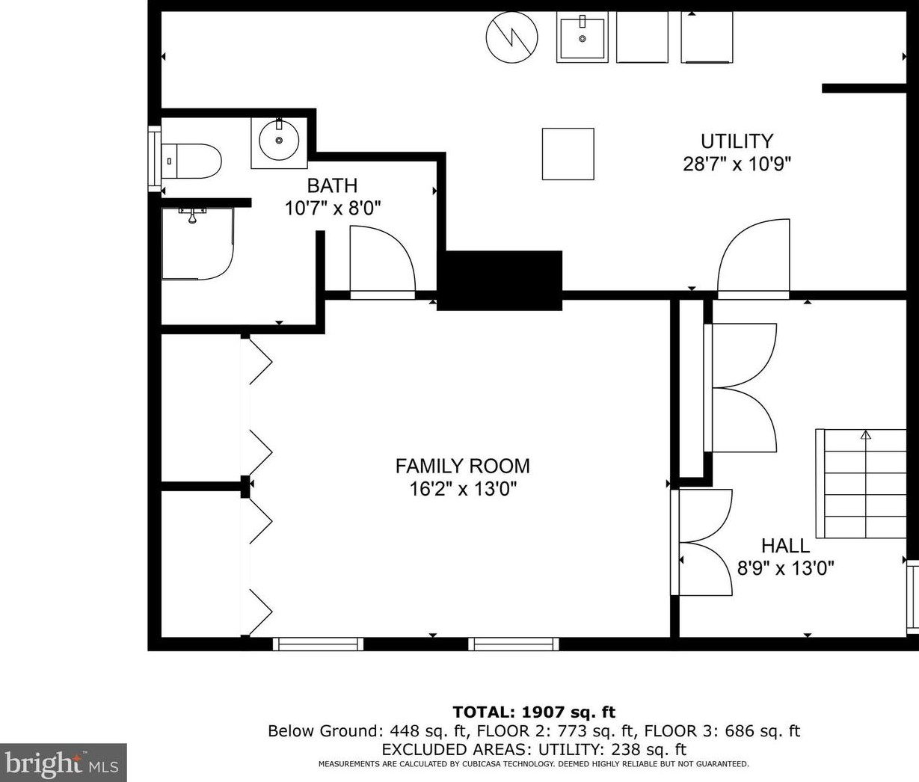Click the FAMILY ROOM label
point(462,466)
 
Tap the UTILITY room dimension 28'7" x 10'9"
point(737,164)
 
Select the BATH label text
point(332,185)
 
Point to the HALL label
point(786,546)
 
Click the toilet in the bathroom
point(191,161)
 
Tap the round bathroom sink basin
point(279,140)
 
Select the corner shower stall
point(197,244)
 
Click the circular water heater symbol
point(511,36)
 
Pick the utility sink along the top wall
point(582,37)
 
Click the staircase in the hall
point(861,483)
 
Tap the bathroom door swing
point(383,262)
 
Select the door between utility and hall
point(754,259)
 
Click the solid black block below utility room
point(500,280)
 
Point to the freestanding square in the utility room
point(568,154)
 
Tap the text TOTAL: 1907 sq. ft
point(534,712)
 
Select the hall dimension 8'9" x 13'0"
point(786,568)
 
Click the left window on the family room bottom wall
point(318,644)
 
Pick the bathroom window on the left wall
point(154,158)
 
